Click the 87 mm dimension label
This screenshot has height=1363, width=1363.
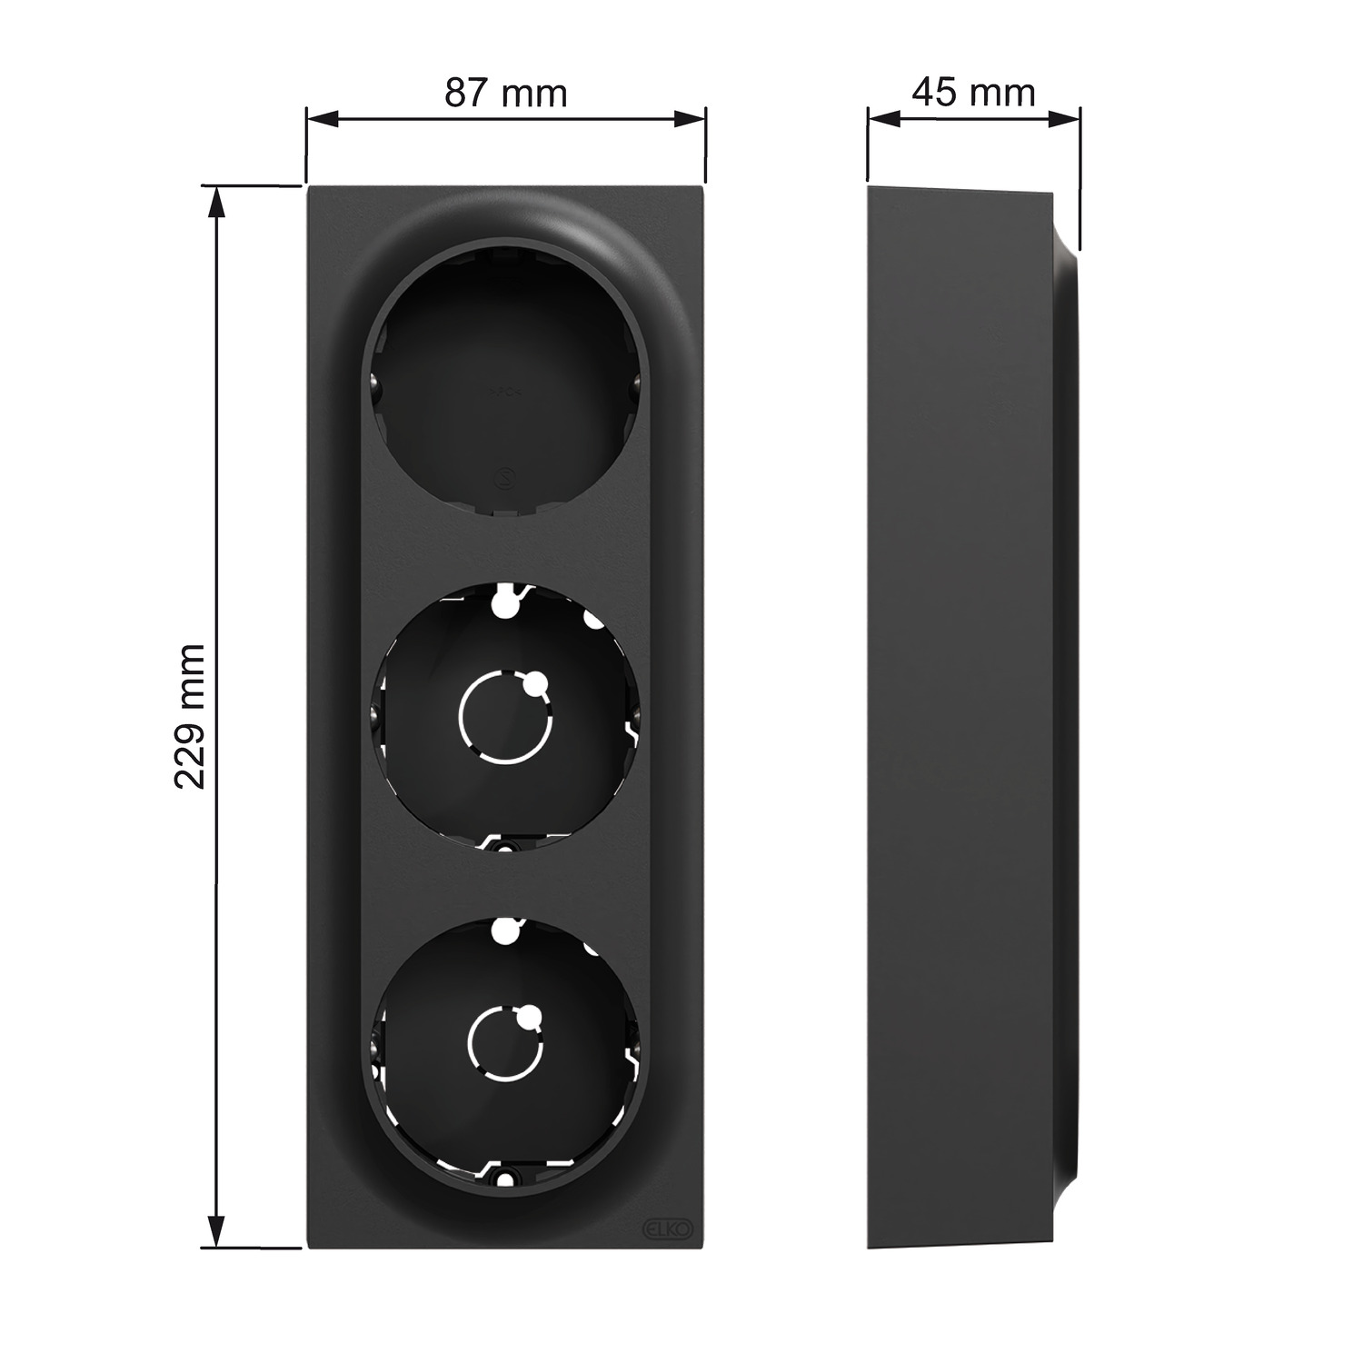(505, 93)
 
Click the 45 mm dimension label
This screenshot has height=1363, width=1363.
(974, 92)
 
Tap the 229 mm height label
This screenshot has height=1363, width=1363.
(191, 717)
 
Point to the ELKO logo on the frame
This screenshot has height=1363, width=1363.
(670, 1228)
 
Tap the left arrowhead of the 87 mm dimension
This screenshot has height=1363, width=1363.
(322, 119)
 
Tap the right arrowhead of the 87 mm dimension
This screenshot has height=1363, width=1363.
(690, 119)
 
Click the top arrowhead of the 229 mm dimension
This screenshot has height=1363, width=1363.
(216, 202)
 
